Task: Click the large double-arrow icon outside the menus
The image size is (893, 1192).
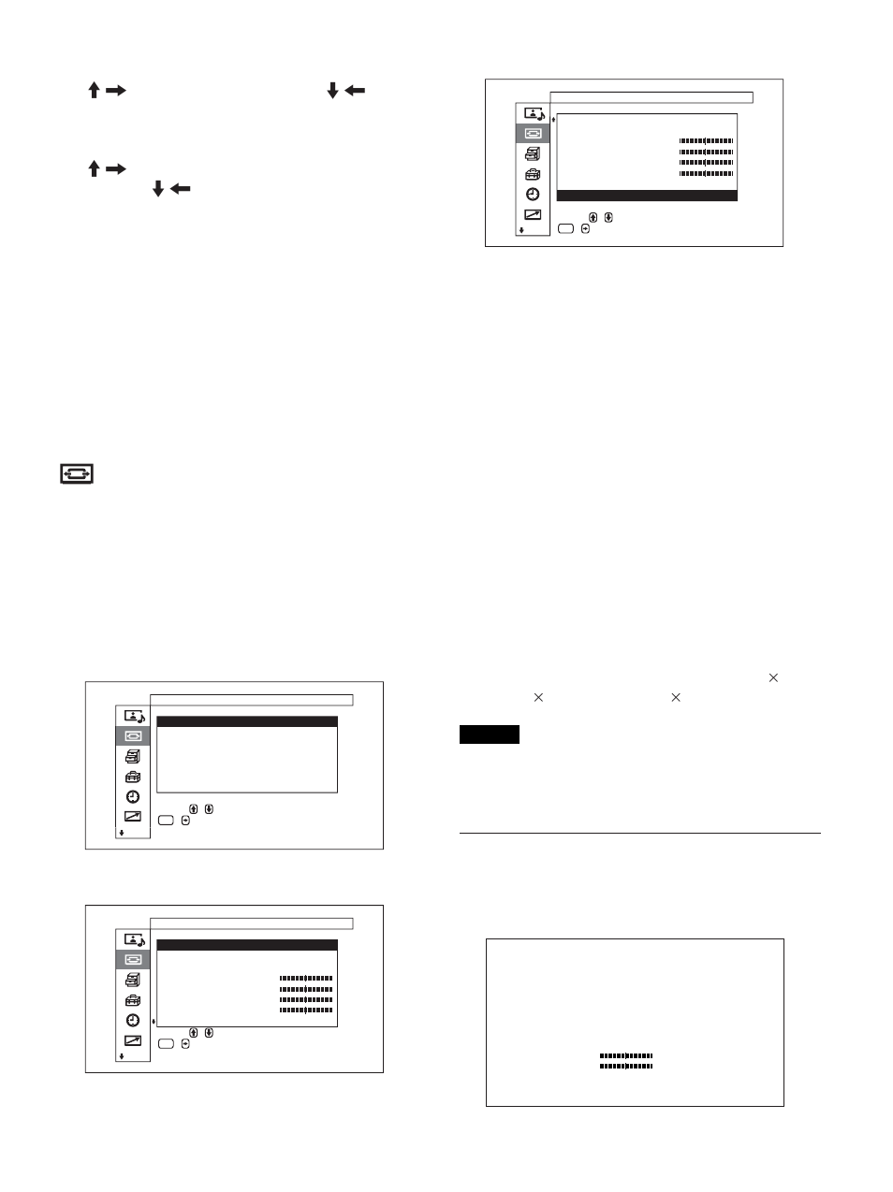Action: (x=78, y=474)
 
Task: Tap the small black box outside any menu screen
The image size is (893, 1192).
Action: (x=489, y=734)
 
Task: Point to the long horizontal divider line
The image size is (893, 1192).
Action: (x=640, y=833)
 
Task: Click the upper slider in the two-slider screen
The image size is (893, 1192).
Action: (x=626, y=1055)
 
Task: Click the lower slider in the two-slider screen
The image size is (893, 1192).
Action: (x=626, y=1066)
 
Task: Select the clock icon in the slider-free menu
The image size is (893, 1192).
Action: (x=132, y=796)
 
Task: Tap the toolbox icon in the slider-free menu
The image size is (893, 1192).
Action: (x=132, y=777)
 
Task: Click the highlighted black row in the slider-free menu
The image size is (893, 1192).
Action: (x=246, y=722)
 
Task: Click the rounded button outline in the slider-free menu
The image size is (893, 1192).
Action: (x=166, y=821)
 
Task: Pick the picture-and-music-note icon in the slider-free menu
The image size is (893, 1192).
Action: (x=134, y=716)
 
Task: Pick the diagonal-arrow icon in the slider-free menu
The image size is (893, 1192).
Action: (x=132, y=816)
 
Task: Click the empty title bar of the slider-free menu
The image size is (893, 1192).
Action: (x=251, y=699)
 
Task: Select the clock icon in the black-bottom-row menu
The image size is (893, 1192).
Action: (x=532, y=194)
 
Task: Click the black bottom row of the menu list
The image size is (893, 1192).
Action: (x=647, y=195)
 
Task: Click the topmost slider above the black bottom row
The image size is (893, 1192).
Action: (x=706, y=140)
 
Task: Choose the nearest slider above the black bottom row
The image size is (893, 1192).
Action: (x=706, y=173)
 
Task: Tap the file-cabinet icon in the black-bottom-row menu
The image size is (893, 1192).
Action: (x=532, y=154)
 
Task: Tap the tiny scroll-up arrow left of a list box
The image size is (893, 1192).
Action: (x=553, y=120)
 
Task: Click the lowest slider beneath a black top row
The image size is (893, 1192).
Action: (x=306, y=1010)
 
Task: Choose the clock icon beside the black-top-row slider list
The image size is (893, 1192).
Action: (x=132, y=1020)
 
